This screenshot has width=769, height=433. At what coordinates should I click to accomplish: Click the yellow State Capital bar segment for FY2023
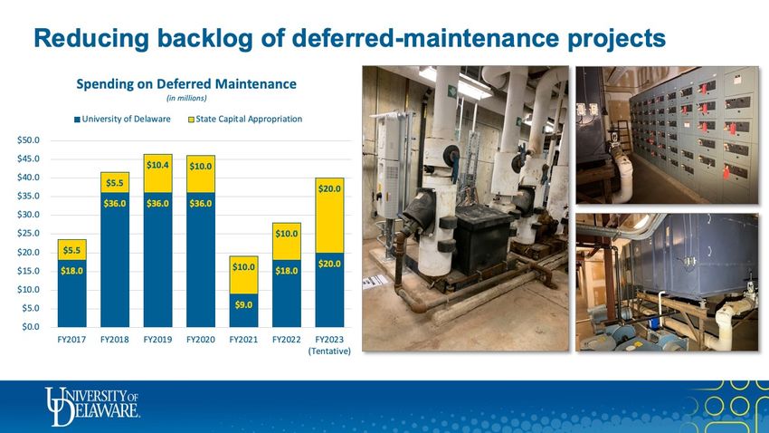(329, 216)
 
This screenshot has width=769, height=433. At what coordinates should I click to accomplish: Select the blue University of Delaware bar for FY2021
(243, 311)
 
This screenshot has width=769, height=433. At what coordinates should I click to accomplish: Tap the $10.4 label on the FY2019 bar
(157, 165)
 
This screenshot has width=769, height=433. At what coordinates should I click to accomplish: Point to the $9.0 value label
(243, 305)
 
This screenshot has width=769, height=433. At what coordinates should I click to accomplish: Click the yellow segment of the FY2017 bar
(71, 250)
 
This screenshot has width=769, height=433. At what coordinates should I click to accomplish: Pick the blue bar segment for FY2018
(115, 260)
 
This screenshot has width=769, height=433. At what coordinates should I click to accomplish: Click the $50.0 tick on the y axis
(28, 140)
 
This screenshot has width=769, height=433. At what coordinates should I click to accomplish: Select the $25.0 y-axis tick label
(28, 234)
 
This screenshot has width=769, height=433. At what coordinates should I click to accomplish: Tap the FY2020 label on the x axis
(201, 339)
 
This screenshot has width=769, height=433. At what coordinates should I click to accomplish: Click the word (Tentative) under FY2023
(329, 351)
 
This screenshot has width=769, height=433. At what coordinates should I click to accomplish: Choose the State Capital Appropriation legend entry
(245, 119)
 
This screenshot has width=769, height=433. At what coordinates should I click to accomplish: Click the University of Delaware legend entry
(122, 119)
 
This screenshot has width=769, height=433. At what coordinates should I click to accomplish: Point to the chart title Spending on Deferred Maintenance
(186, 84)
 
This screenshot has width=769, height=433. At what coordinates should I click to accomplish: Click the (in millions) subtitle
(186, 98)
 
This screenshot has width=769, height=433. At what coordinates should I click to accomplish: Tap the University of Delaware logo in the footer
(92, 407)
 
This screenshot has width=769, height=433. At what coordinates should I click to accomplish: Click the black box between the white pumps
(483, 239)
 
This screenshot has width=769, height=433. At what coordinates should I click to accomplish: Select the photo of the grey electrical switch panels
(667, 135)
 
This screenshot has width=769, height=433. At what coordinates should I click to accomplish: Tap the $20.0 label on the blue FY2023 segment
(329, 265)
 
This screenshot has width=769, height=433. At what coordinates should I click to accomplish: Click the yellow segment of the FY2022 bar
(287, 242)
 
